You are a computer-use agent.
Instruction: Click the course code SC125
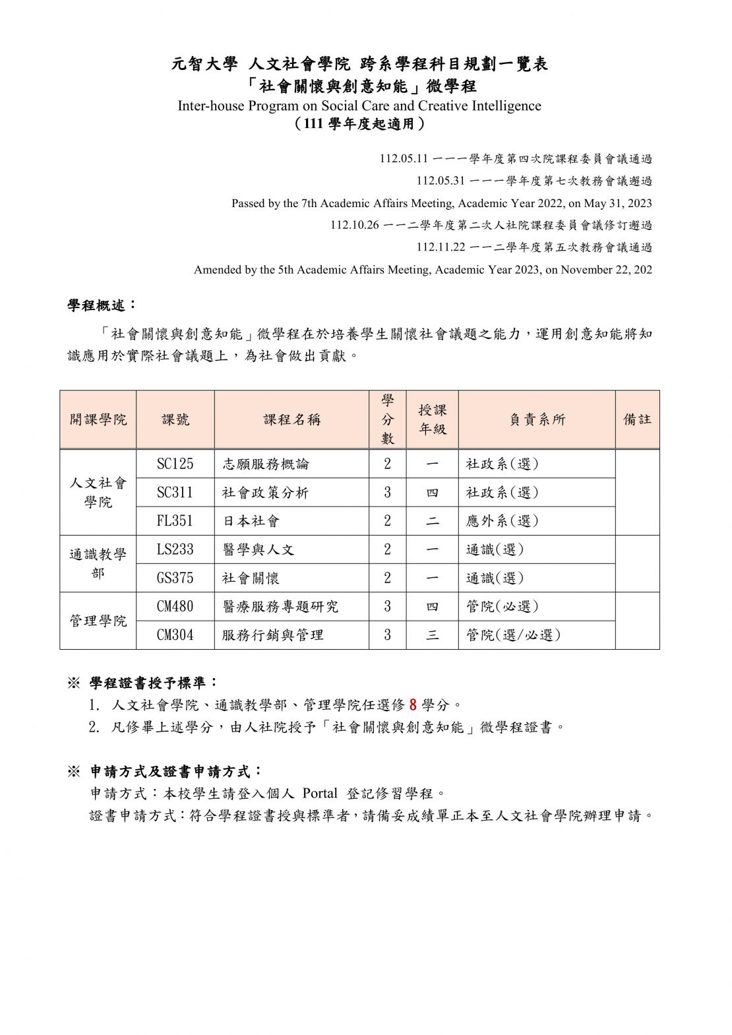pos(175,464)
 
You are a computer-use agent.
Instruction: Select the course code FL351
pos(175,521)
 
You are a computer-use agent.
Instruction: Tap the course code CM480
pos(175,606)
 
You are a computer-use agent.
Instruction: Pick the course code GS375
pos(175,578)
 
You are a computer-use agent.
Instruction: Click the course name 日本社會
pos(251,521)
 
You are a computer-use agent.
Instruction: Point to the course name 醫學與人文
pos(258,549)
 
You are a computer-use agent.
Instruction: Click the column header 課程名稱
pos(291,420)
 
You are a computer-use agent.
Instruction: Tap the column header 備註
pos(637,420)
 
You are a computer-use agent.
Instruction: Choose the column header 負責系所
pos(537,420)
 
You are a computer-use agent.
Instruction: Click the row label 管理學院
pos(98,621)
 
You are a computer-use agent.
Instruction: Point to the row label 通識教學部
pos(98,563)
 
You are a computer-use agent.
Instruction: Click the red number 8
pos(413,705)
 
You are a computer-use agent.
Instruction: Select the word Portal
pos(319,793)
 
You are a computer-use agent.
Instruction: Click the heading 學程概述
pos(102,305)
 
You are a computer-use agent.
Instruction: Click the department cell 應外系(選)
pos(503,521)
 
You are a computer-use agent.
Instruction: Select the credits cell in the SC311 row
pos(387,493)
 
